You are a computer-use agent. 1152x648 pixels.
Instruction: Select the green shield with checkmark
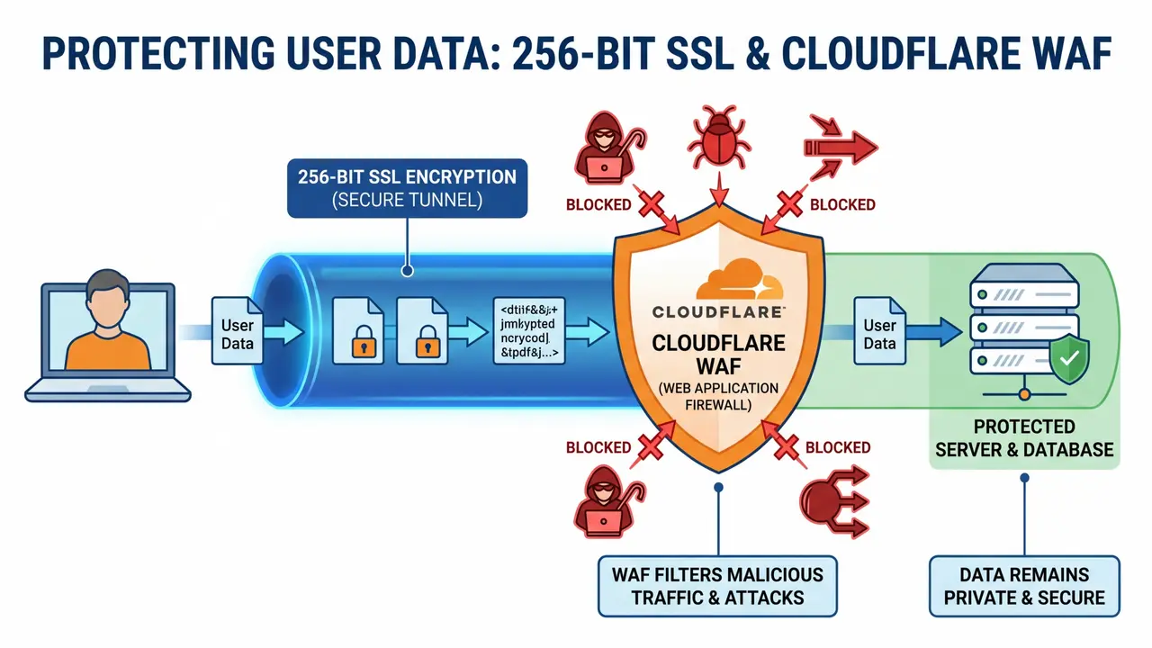click(1069, 360)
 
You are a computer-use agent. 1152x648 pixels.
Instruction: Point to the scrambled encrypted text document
click(528, 331)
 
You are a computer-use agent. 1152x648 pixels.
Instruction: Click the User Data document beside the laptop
click(238, 332)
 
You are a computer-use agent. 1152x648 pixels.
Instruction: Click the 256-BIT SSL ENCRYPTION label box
click(407, 187)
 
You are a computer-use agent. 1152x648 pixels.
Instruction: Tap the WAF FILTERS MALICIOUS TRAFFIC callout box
click(717, 586)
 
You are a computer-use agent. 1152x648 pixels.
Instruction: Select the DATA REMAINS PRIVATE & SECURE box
click(1024, 586)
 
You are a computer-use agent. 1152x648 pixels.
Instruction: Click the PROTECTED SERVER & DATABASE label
click(1024, 437)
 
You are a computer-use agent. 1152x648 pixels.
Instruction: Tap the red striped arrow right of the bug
click(841, 142)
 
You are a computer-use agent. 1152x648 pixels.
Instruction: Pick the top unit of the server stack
click(1024, 294)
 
